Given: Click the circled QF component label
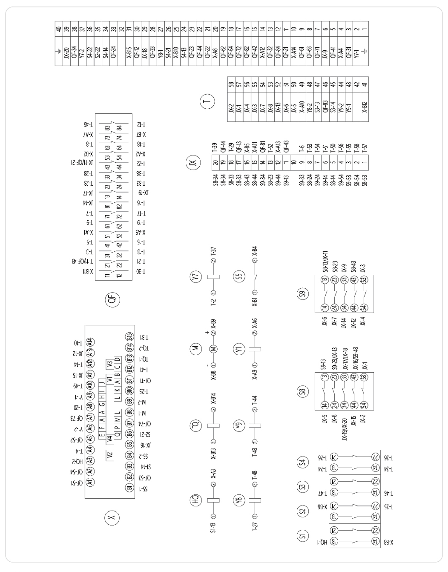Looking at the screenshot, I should point(112,299).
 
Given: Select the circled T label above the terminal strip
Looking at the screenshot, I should point(207,101).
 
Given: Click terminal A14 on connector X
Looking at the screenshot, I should point(90,342).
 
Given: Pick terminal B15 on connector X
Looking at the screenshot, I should point(129,337).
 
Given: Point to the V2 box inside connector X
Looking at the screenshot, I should point(110,456).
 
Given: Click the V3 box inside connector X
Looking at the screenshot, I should point(110,364).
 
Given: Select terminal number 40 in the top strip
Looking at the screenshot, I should point(59,29).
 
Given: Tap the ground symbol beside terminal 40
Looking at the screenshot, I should point(59,52).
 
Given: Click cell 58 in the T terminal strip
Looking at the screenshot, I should point(231,84).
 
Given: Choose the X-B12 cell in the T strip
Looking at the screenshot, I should point(365,107).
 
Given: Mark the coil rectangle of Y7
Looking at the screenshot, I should point(213,277).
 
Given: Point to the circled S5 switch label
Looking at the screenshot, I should point(239,276).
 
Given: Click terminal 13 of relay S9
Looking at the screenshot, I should point(325,280).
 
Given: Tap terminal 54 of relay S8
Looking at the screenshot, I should point(364,405).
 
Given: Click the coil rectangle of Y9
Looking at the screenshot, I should point(255,426).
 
